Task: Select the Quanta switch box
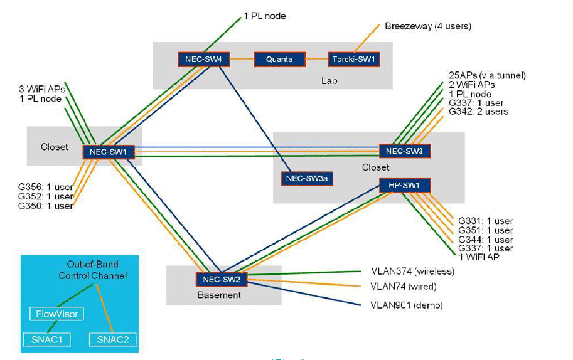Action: pyautogui.click(x=279, y=60)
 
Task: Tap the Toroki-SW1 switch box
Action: pyautogui.click(x=354, y=60)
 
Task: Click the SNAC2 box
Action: pyautogui.click(x=112, y=339)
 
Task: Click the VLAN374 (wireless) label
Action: pyautogui.click(x=412, y=272)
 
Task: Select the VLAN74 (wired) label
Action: pyautogui.click(x=403, y=287)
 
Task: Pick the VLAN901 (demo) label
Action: pyautogui.click(x=406, y=305)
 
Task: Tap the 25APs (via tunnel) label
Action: pyautogui.click(x=487, y=75)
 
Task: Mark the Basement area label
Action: pyautogui.click(x=218, y=295)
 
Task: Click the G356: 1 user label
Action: pyautogui.click(x=45, y=187)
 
